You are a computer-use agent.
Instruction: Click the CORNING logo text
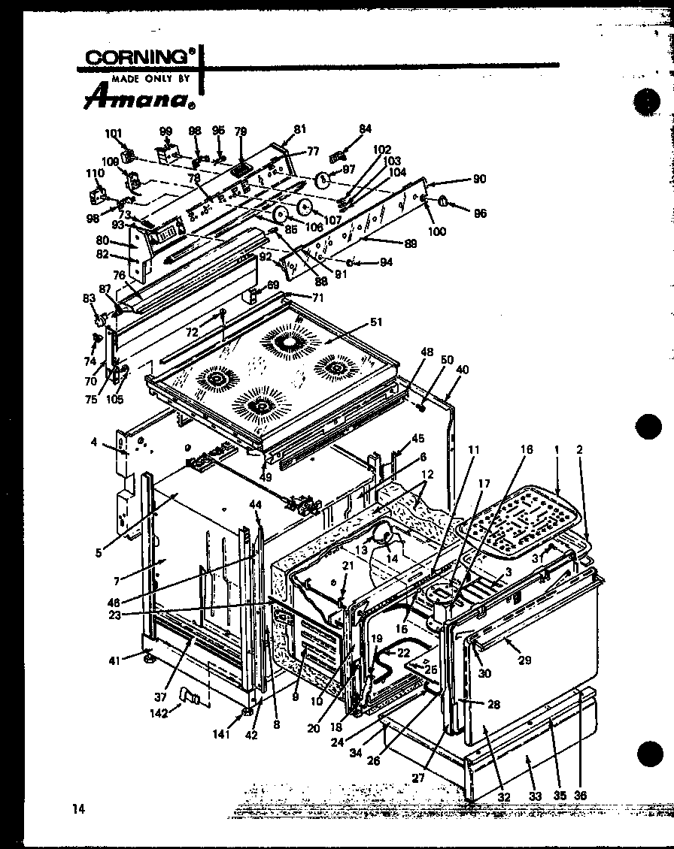[x=140, y=58]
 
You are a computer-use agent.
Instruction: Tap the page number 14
[x=78, y=808]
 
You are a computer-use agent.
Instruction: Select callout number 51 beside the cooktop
[x=376, y=322]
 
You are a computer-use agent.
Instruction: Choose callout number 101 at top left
[x=114, y=134]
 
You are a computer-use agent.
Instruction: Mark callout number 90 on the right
[x=478, y=179]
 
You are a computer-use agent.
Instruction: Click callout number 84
[x=365, y=128]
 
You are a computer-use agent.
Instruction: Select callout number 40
[x=462, y=369]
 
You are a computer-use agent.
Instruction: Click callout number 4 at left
[x=94, y=443]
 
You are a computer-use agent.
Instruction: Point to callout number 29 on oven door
[x=524, y=660]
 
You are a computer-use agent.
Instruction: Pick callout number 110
[x=94, y=173]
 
